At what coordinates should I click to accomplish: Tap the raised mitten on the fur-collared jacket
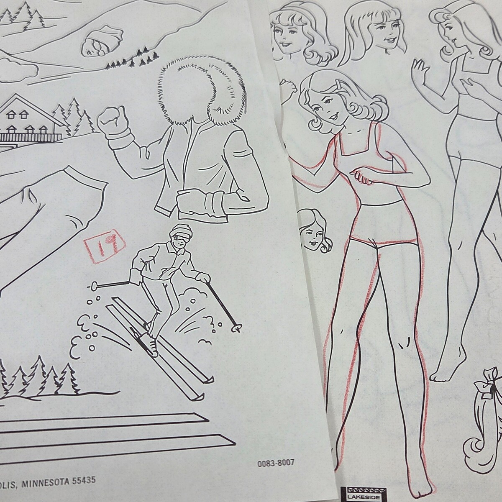[x=113, y=123]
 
